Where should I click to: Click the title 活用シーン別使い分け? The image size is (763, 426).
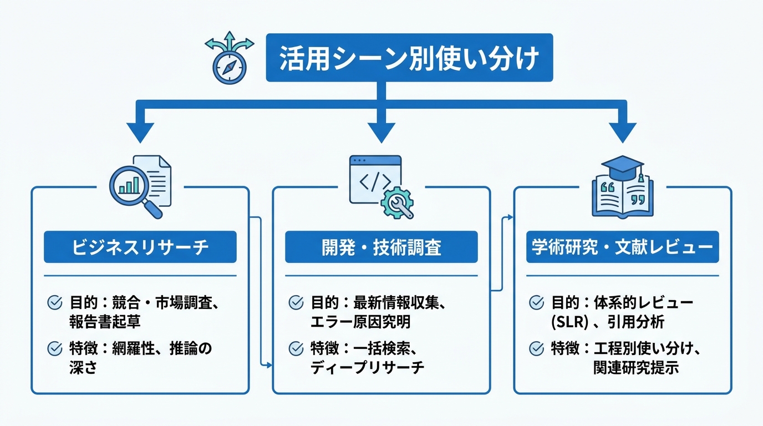pyautogui.click(x=409, y=58)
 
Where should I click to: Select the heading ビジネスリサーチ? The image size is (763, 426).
pyautogui.click(x=140, y=247)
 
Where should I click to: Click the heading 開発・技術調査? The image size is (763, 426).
pyautogui.click(x=381, y=247)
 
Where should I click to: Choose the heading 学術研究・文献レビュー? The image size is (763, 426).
pyautogui.click(x=622, y=247)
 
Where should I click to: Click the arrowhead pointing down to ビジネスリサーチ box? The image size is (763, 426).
pyautogui.click(x=141, y=134)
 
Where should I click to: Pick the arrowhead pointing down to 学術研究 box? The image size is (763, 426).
pyautogui.click(x=623, y=134)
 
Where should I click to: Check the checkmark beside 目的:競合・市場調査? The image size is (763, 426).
pyautogui.click(x=55, y=302)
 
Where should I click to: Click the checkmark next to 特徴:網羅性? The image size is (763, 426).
pyautogui.click(x=55, y=348)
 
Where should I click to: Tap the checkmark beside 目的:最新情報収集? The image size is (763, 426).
pyautogui.click(x=296, y=302)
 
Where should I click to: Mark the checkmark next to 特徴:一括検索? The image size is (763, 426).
pyautogui.click(x=296, y=348)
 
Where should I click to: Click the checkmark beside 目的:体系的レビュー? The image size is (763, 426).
pyautogui.click(x=537, y=302)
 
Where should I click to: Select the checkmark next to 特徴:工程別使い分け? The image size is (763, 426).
pyautogui.click(x=537, y=348)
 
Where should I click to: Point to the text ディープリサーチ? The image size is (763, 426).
pyautogui.click(x=367, y=367)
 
